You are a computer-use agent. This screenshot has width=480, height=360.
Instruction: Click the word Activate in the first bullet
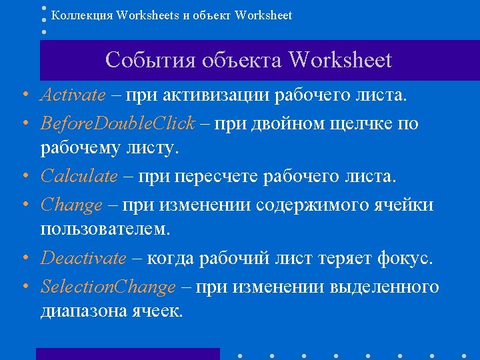[x=73, y=95]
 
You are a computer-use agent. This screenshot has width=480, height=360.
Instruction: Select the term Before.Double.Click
[x=118, y=123]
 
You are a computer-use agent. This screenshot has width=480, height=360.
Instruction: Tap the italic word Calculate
[x=79, y=177]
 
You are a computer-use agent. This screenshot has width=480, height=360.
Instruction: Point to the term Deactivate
[x=83, y=258]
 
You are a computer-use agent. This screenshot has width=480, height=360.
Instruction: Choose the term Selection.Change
[x=108, y=287]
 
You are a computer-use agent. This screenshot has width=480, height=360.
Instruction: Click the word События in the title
[x=148, y=61]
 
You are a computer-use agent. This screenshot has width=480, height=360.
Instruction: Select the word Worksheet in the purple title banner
[x=340, y=61]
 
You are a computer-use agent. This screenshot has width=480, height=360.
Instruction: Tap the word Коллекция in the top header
[x=81, y=15]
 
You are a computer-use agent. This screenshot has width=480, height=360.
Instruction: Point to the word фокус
[x=406, y=258]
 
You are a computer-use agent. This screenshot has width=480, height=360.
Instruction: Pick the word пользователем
[x=105, y=230]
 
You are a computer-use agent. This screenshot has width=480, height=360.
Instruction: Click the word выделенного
[x=384, y=287]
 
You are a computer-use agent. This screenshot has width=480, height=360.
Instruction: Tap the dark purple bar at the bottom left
[x=127, y=354]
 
